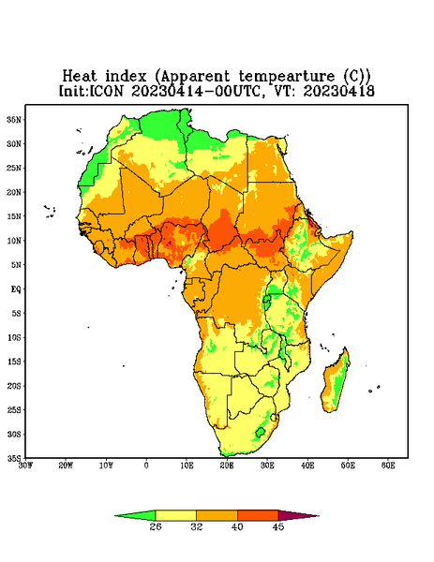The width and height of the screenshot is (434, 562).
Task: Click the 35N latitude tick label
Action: (x=15, y=120)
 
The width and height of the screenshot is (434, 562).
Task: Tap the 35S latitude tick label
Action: (x=15, y=458)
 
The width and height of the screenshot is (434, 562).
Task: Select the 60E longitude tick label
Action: (x=388, y=466)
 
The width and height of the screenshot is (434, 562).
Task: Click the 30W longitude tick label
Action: (x=26, y=466)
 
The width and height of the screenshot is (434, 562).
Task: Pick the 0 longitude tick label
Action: (x=146, y=466)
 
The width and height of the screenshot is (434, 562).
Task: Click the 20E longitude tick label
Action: (x=227, y=466)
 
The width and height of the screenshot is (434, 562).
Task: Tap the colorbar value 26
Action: (x=156, y=526)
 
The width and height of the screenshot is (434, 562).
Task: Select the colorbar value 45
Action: (x=278, y=526)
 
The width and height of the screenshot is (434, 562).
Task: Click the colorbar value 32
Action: (x=197, y=526)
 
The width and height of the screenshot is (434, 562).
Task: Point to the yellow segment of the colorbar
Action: (x=175, y=515)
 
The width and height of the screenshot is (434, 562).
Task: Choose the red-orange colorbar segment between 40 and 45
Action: (x=258, y=515)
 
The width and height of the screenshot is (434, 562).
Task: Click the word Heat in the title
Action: (x=80, y=77)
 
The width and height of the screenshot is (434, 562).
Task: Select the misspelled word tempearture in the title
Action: (x=287, y=77)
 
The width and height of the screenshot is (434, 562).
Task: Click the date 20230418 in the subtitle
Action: (x=339, y=91)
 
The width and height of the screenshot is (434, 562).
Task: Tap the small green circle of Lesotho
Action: (x=261, y=432)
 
